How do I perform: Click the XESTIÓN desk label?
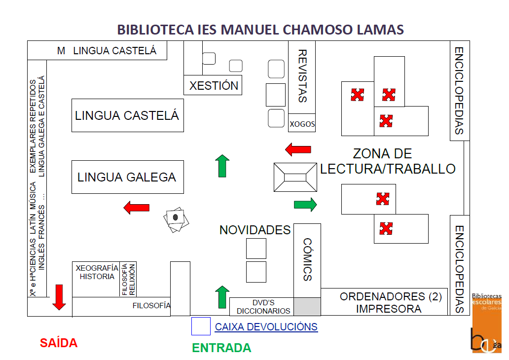click(x=214, y=85)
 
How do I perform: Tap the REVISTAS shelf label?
click(x=302, y=76)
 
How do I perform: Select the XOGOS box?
click(x=302, y=124)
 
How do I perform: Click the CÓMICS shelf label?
click(x=307, y=259)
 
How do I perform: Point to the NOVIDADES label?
click(x=255, y=230)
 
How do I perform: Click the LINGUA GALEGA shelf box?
click(x=127, y=177)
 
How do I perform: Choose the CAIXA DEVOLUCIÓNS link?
click(x=266, y=327)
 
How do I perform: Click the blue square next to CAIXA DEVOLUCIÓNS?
click(x=201, y=326)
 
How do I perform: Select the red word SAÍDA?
click(x=59, y=343)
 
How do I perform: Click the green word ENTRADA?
click(x=221, y=348)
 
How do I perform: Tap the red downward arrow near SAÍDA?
click(x=59, y=297)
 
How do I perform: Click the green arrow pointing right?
click(x=305, y=204)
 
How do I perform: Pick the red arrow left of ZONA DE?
click(x=298, y=149)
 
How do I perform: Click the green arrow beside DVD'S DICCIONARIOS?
click(x=222, y=296)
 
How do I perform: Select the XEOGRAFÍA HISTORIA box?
click(x=97, y=272)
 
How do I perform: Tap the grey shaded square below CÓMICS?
click(x=307, y=306)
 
